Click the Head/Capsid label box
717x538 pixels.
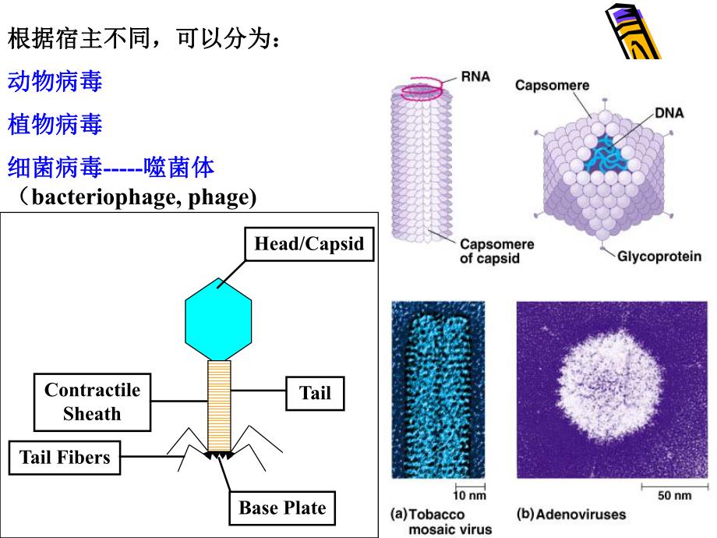(309, 244)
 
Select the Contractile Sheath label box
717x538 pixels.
(92, 402)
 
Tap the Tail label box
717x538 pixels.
(315, 392)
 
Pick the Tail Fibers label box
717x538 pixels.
(65, 457)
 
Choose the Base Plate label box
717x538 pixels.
(281, 508)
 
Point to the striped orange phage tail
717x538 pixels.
(219, 405)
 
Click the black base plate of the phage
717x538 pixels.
(219, 455)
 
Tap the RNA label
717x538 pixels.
(475, 78)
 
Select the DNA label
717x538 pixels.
(669, 113)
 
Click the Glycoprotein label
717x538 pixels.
(659, 256)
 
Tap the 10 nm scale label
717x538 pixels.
(470, 495)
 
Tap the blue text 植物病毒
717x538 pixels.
(55, 123)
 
